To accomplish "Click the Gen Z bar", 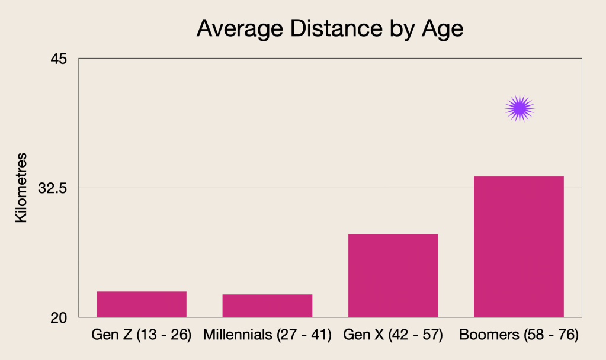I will [x=142, y=304].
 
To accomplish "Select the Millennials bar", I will [x=267, y=306].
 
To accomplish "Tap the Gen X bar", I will [x=393, y=275].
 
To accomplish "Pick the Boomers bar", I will [x=519, y=246].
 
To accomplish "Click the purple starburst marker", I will [x=520, y=108].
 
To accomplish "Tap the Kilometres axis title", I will [x=21, y=188].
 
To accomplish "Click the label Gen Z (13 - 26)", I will [x=142, y=335].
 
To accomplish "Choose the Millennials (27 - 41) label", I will [x=267, y=335].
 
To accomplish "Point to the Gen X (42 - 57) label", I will [x=393, y=335].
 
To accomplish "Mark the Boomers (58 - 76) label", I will [x=519, y=335].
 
